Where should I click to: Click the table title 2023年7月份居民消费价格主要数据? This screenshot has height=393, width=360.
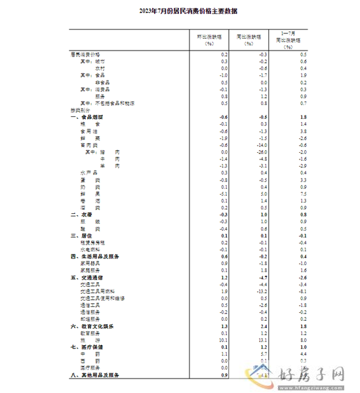pyautogui.click(x=180, y=11)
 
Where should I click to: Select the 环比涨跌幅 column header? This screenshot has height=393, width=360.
pyautogui.click(x=209, y=39)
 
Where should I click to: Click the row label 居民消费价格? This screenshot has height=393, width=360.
pyautogui.click(x=85, y=53)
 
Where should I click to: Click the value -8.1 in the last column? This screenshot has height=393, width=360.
pyautogui.click(x=303, y=290)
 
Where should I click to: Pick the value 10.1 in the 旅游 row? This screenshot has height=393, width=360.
pyautogui.click(x=223, y=340)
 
